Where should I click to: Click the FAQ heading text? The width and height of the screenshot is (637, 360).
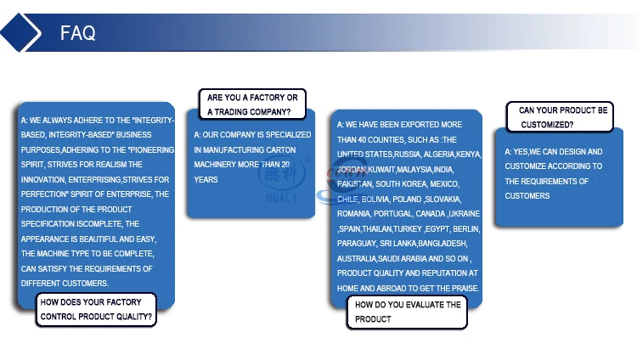77,33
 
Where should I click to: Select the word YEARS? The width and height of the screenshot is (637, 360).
206,180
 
